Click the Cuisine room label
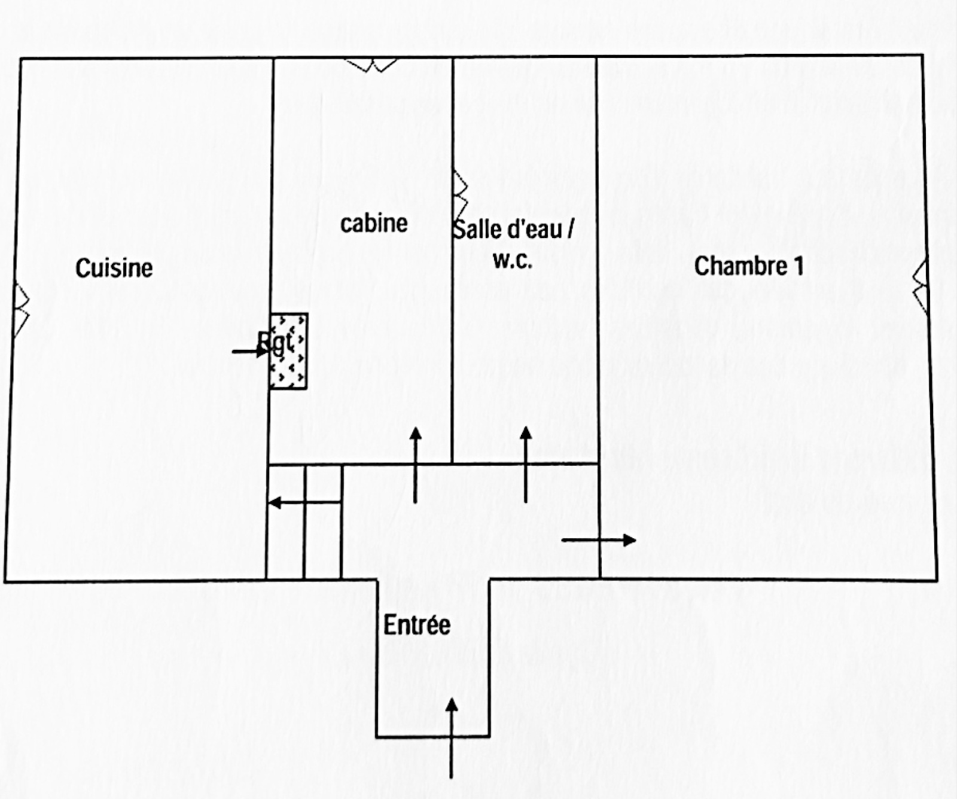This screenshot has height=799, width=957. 114,267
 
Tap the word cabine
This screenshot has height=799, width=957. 374,224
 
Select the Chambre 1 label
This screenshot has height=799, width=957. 748,266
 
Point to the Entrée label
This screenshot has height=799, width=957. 417,625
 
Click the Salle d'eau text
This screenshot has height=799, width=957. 507,229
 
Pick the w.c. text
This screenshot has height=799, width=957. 512,260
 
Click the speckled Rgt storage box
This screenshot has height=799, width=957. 288,352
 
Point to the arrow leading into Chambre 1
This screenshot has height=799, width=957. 598,540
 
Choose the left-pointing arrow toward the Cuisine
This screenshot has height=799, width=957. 304,502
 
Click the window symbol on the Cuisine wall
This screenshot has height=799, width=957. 21,310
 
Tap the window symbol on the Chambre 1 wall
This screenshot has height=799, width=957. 922,286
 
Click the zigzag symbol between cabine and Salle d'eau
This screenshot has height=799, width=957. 459,196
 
